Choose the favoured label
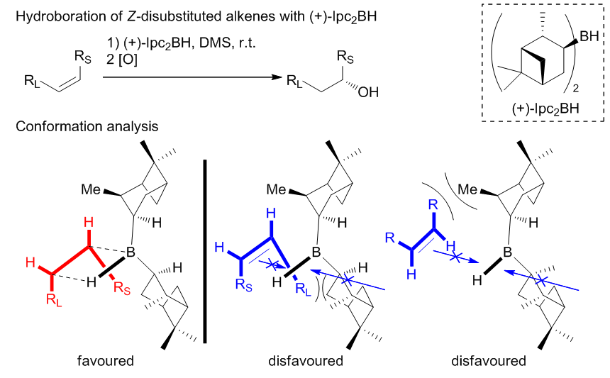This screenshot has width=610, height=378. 106,361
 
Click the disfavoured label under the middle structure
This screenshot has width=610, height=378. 306,361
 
